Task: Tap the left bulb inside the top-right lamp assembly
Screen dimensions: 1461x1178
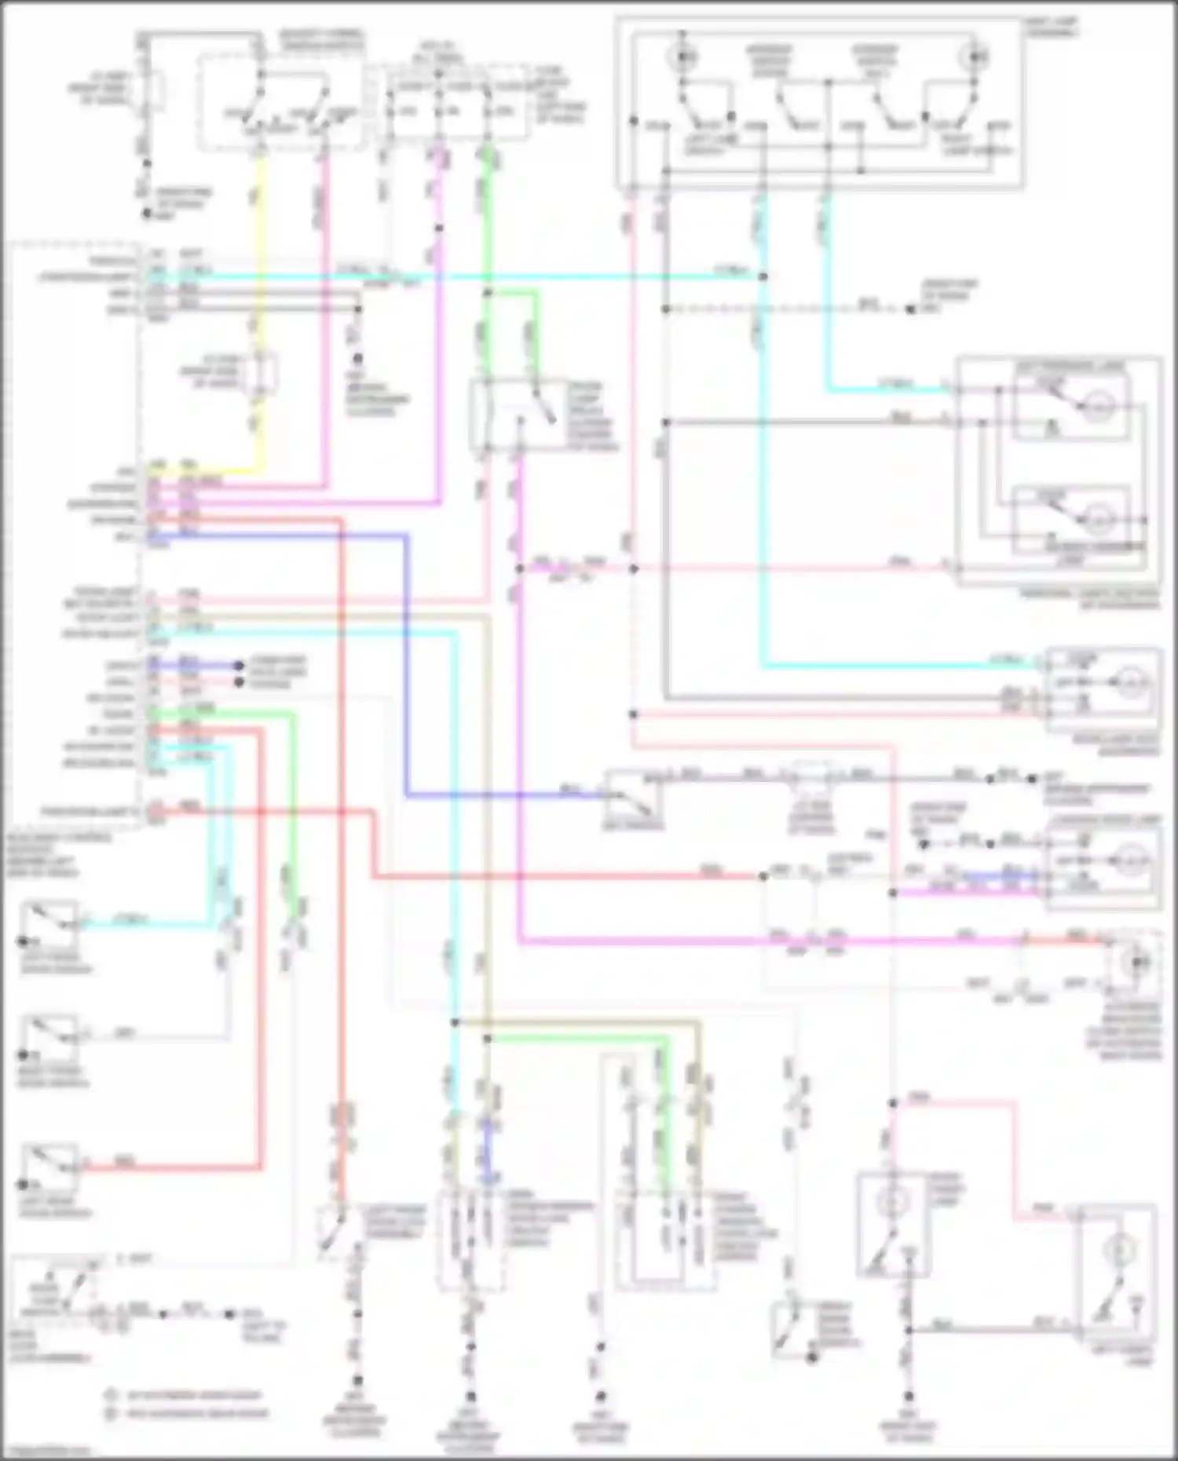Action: [x=682, y=57]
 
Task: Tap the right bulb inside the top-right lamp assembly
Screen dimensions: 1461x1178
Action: [x=977, y=57]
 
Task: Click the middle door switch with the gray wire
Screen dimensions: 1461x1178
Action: [x=49, y=1038]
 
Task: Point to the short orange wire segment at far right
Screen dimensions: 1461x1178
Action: [x=1088, y=940]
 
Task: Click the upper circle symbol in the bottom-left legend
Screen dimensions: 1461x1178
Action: [x=112, y=1395]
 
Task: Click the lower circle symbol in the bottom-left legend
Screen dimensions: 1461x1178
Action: [x=112, y=1413]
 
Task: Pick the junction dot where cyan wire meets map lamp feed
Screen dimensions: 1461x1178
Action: [x=763, y=276]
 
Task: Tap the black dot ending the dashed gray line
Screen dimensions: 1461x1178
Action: [x=910, y=310]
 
